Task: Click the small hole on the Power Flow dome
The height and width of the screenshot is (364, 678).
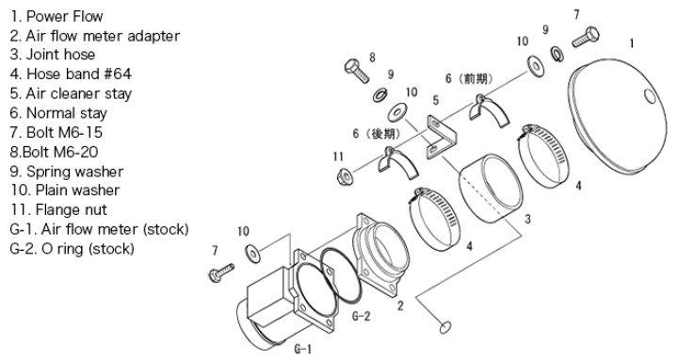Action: point(650,96)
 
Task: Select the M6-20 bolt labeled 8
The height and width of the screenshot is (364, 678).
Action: point(357,71)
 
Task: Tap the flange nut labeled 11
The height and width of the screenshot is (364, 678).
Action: point(345,176)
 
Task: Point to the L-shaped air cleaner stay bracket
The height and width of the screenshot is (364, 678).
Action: point(442,137)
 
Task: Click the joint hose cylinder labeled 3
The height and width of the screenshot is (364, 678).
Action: point(491,189)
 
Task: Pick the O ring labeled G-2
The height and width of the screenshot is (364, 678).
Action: point(341,275)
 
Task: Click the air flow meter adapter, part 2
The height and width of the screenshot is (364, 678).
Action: point(381,255)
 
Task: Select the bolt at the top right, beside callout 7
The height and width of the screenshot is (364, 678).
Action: point(586,37)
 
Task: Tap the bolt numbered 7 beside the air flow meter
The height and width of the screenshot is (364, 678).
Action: point(221,273)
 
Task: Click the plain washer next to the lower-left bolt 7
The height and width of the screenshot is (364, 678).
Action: point(253,254)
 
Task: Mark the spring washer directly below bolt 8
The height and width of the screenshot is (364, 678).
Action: point(380,95)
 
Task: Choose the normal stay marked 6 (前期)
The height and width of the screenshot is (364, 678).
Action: point(488,110)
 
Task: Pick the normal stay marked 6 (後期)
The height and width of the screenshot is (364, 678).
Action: point(397,163)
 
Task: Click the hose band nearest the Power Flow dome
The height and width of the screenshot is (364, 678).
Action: point(543,157)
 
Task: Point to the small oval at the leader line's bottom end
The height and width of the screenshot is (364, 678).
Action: point(444,327)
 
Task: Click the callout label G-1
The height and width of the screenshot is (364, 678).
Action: point(302,349)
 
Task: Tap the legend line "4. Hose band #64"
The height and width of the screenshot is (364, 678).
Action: point(71,74)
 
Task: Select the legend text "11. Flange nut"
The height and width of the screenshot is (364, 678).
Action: point(58,210)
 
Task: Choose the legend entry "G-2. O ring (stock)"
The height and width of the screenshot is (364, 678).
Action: point(72,249)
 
